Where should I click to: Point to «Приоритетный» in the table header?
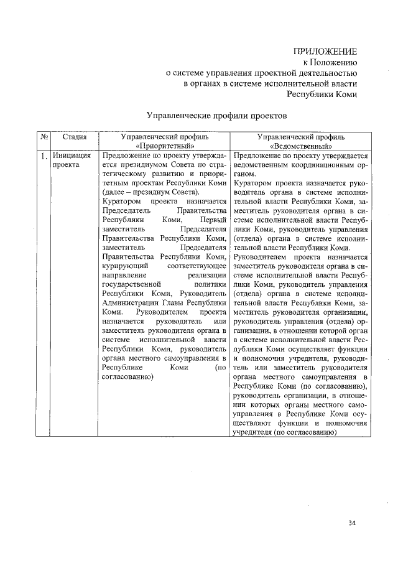click(x=164, y=145)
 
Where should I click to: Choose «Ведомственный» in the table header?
click(x=301, y=145)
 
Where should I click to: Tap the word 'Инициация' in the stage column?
click(x=72, y=156)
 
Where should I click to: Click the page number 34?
click(x=352, y=523)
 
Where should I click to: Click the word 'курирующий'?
click(x=121, y=266)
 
